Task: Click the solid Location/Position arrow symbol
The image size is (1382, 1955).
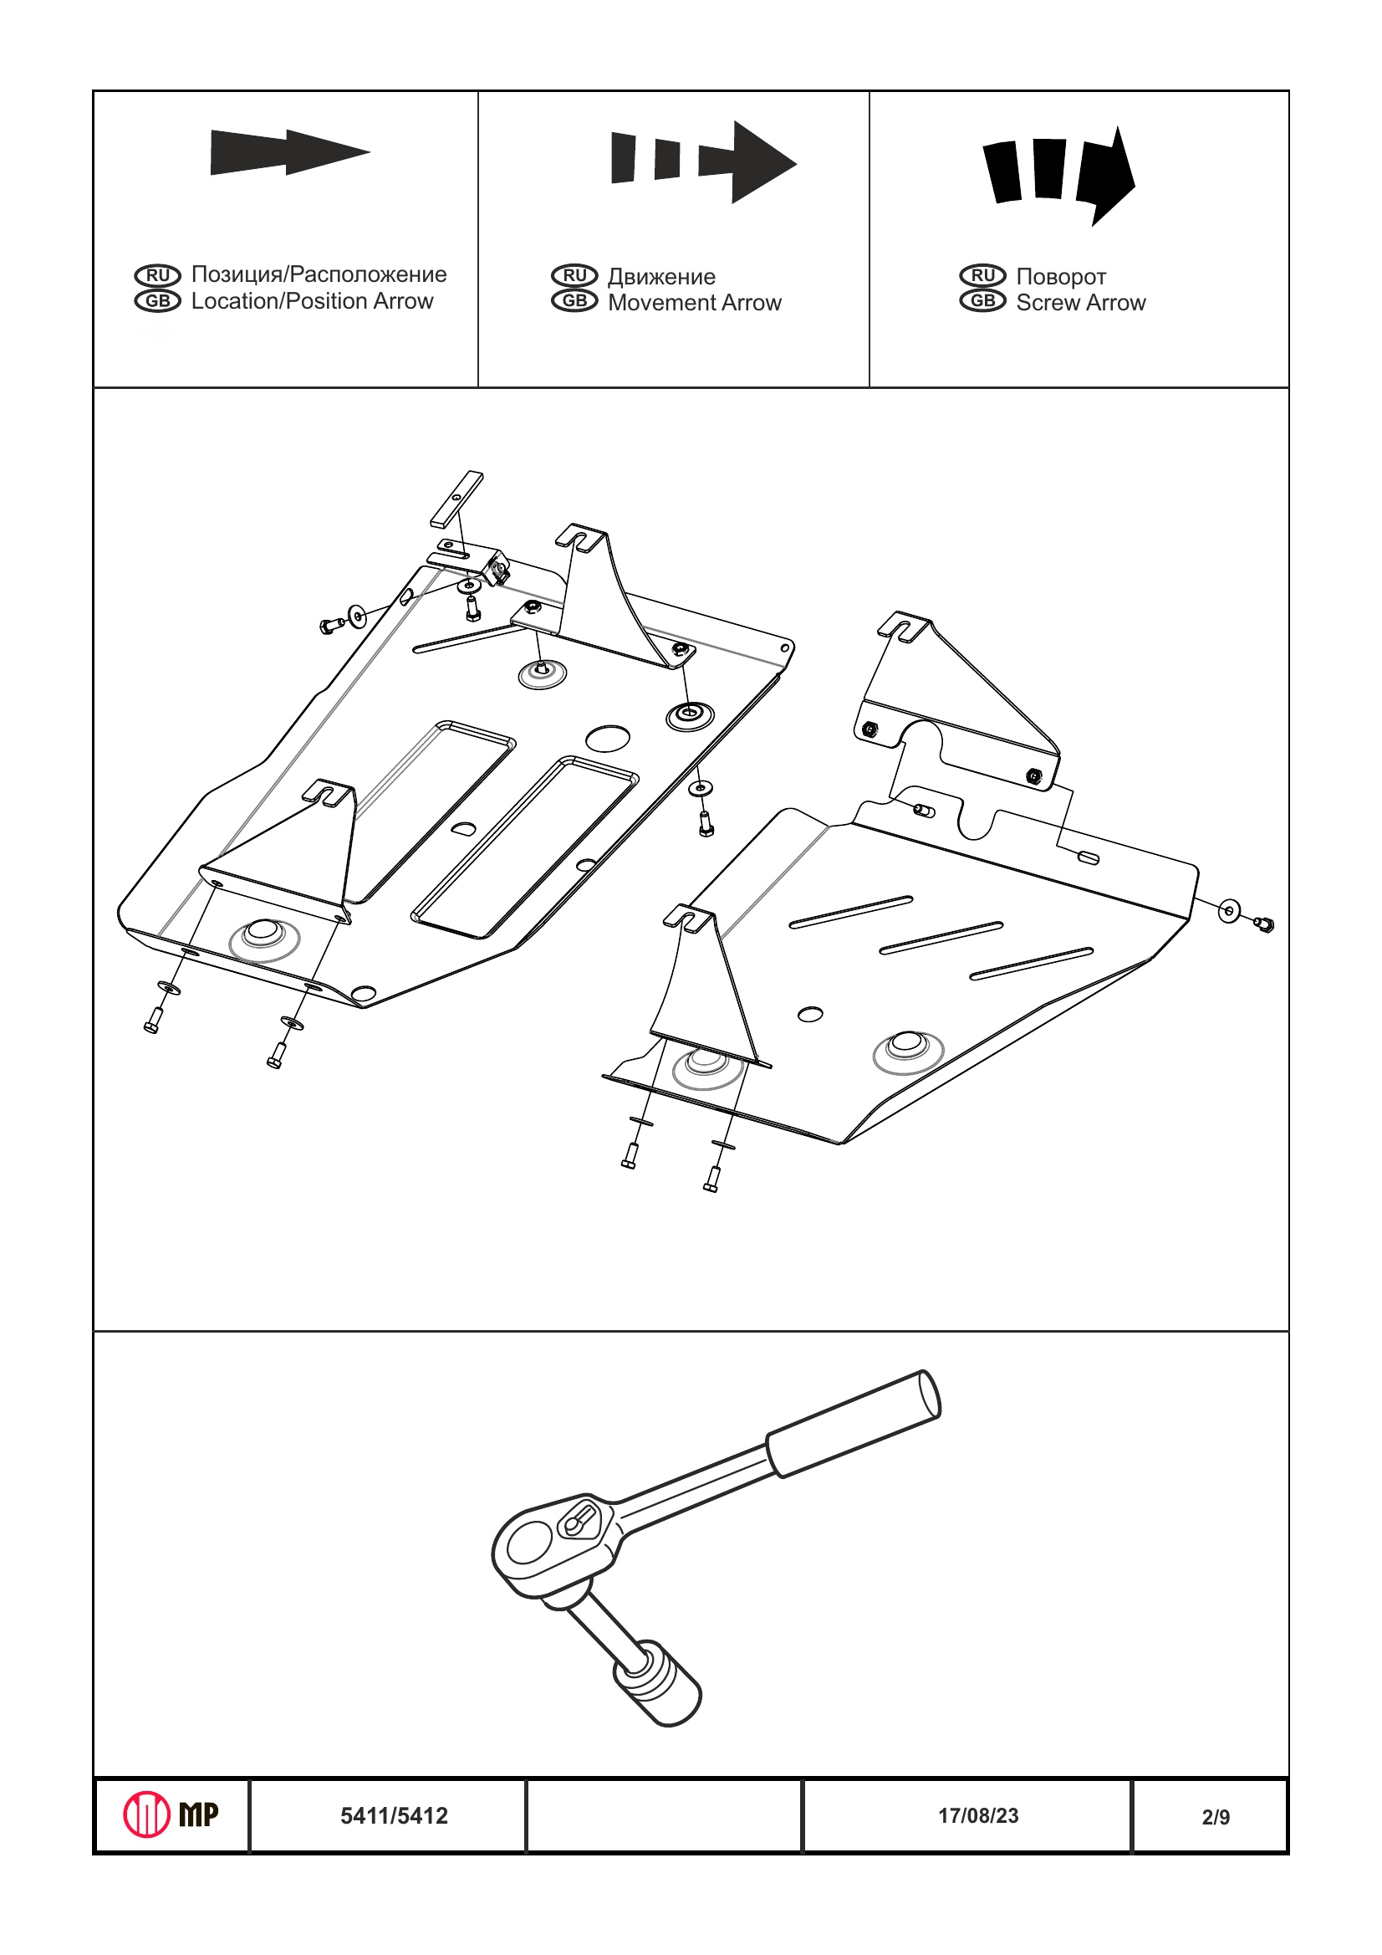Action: [289, 152]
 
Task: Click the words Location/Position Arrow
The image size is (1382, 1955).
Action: [312, 301]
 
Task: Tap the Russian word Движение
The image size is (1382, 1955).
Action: [661, 277]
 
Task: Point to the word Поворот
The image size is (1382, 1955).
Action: [1060, 277]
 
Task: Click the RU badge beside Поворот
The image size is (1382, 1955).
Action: [982, 275]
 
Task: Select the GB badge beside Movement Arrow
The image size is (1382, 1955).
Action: [574, 300]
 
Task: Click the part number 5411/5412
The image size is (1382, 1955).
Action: [394, 1816]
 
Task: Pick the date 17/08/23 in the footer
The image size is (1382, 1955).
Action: [978, 1815]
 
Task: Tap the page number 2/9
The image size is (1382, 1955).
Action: [1216, 1817]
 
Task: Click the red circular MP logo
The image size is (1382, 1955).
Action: [147, 1814]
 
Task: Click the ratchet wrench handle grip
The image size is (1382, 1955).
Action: [854, 1423]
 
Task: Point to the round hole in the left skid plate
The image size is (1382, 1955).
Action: [608, 737]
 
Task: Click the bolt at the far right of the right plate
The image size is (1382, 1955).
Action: [1265, 924]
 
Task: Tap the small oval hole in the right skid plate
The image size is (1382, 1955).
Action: [810, 1013]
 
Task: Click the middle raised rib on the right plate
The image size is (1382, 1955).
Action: [941, 938]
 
